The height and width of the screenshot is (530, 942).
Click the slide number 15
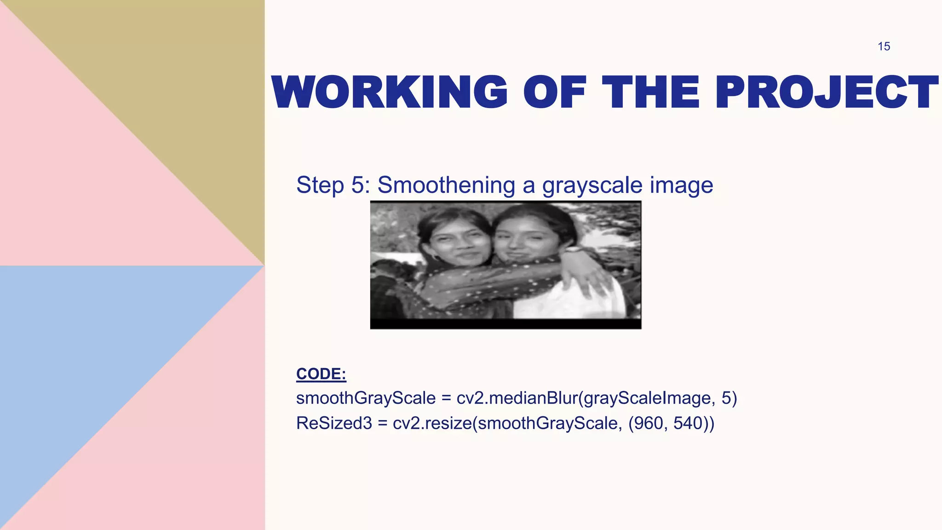(x=884, y=46)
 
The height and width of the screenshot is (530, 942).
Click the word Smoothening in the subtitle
(x=446, y=185)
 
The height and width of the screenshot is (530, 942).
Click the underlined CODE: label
(x=321, y=374)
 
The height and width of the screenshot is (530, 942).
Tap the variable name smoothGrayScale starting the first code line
(x=366, y=398)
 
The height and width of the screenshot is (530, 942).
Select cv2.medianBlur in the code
(x=517, y=398)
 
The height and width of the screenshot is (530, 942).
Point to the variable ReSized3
(x=334, y=423)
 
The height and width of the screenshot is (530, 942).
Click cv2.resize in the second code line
(x=432, y=423)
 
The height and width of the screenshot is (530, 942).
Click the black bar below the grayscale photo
(x=505, y=324)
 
